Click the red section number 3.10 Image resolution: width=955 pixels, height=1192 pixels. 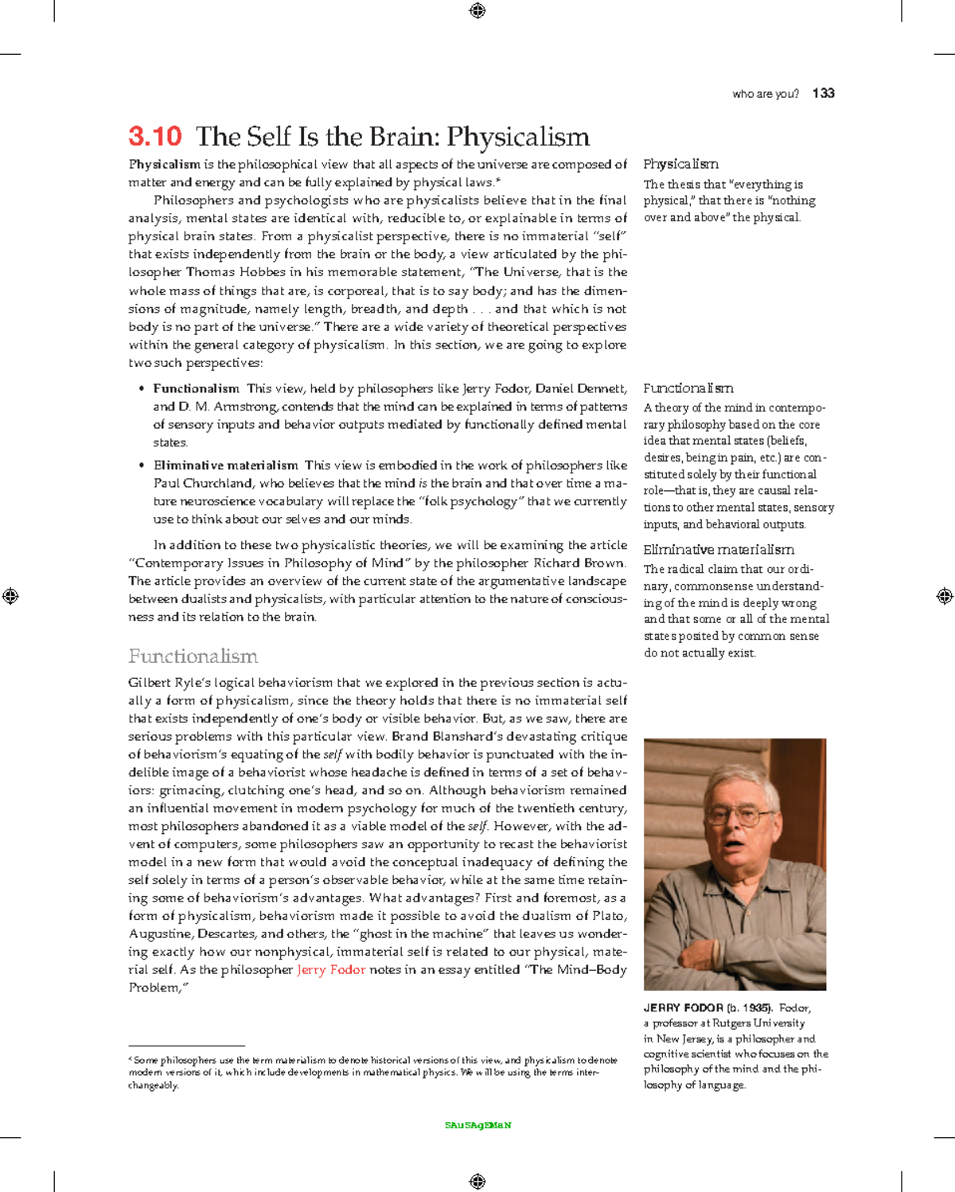155,136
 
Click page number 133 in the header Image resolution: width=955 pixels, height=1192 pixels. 824,93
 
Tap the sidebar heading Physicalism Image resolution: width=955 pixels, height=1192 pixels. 680,164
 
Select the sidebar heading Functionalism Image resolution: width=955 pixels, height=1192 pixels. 688,388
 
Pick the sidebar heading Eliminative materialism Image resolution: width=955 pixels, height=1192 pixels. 718,550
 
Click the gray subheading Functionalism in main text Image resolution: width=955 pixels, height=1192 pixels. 193,656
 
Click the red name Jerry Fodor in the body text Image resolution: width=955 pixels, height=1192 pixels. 331,970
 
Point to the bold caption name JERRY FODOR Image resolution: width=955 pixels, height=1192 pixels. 683,1007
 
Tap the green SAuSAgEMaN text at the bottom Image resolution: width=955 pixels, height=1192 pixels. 477,1125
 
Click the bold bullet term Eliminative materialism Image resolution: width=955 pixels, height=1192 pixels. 225,466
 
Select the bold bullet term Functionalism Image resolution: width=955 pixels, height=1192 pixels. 196,389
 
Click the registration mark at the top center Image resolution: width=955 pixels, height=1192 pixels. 477,10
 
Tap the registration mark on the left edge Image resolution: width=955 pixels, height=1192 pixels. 10,596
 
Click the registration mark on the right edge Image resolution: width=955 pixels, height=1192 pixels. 945,596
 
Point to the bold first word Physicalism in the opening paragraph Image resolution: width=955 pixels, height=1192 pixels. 165,165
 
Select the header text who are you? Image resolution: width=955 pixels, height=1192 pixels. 765,94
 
